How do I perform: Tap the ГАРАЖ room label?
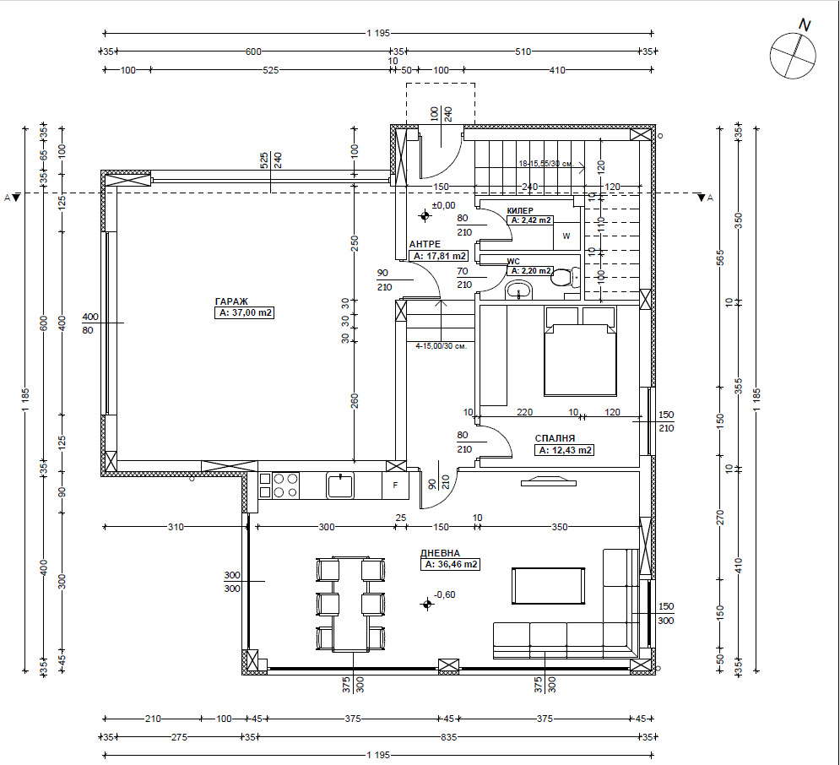[231, 301]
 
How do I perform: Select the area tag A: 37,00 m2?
[244, 313]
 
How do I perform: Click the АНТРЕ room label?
[425, 244]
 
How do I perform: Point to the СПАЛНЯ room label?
[555, 438]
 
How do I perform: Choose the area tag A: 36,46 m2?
[451, 565]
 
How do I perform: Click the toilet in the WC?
[565, 278]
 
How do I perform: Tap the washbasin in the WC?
[518, 291]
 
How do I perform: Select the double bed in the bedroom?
[580, 351]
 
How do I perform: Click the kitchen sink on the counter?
[340, 486]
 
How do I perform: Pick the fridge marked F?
[395, 486]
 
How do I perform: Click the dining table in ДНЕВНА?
[351, 605]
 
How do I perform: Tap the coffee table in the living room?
[548, 586]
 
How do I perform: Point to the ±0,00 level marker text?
[443, 205]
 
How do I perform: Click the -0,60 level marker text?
[445, 594]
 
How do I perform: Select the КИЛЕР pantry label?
[520, 211]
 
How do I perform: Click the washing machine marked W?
[566, 236]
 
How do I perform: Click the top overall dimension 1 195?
[378, 33]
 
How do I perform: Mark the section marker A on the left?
[8, 198]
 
